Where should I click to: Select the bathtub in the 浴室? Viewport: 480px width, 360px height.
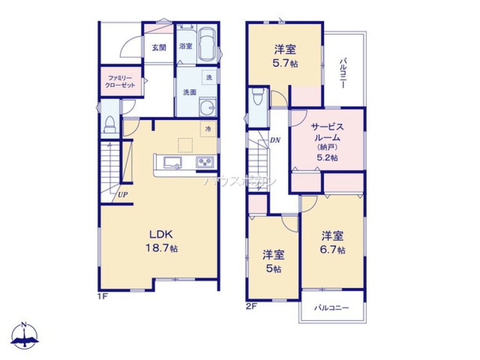[207, 45]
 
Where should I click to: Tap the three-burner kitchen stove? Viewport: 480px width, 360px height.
[206, 163]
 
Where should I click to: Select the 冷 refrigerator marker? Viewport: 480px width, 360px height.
[208, 129]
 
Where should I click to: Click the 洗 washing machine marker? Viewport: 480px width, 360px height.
[209, 77]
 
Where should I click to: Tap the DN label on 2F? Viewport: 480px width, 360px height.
[275, 141]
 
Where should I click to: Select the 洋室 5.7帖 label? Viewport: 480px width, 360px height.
[285, 56]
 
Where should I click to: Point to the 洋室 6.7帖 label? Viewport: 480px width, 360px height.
[333, 242]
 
